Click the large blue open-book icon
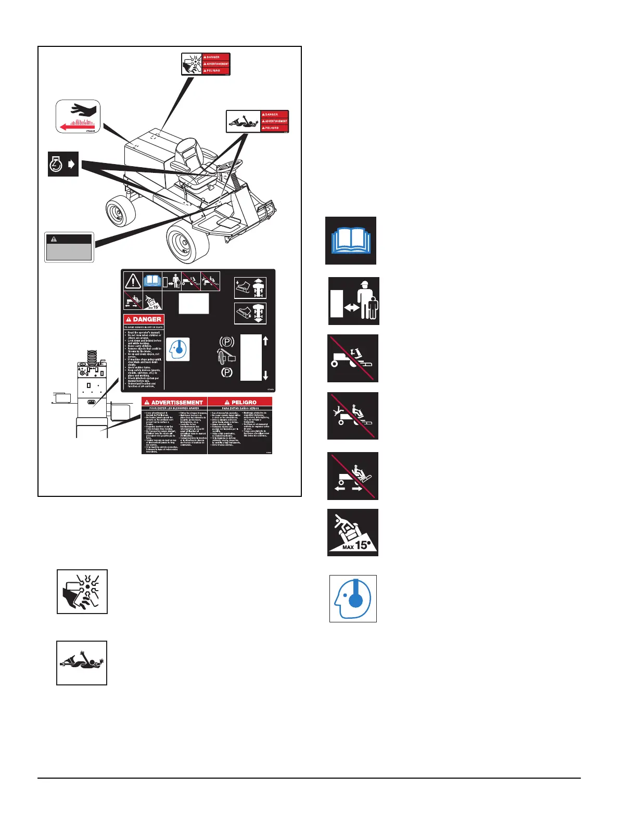(x=351, y=241)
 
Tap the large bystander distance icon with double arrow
(x=354, y=301)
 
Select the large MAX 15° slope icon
(x=353, y=532)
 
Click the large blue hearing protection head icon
(x=353, y=598)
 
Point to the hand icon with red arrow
(x=78, y=117)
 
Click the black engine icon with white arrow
(x=63, y=164)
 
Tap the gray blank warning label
(x=69, y=247)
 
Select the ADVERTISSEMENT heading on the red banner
(x=174, y=403)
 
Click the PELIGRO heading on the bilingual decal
(x=240, y=403)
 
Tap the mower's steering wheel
(x=229, y=166)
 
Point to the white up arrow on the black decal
(x=265, y=341)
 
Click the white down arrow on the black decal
(x=265, y=375)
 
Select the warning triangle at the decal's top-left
(x=133, y=281)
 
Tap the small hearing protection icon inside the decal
(x=178, y=349)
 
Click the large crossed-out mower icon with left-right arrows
(x=353, y=476)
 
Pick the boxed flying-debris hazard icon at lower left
(x=82, y=592)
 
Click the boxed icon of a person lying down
(x=82, y=663)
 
